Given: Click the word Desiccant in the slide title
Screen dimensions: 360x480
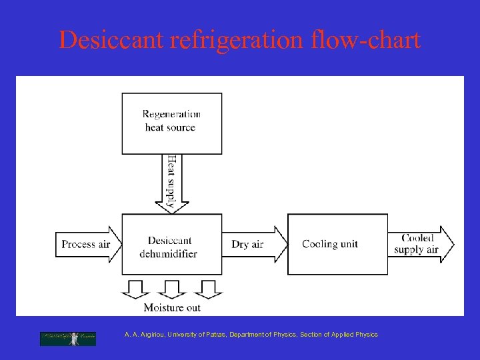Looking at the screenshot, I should [x=111, y=41].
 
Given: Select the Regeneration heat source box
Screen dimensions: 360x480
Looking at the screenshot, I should [x=171, y=123].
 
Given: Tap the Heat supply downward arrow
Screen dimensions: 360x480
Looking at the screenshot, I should [x=172, y=183].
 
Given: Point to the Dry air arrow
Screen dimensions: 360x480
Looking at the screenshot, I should [x=253, y=244].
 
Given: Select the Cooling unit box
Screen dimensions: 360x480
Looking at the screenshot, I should [x=337, y=244].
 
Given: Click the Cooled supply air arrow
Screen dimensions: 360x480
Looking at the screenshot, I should [x=420, y=244].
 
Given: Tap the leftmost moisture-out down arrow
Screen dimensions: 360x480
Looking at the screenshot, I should [x=135, y=287].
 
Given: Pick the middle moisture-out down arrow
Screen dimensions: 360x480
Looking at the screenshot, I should [x=172, y=287].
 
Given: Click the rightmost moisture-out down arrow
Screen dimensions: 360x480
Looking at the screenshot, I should [x=209, y=287].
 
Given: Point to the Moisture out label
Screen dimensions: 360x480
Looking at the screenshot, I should [x=172, y=307].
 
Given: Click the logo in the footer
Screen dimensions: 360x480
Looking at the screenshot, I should [x=68, y=338].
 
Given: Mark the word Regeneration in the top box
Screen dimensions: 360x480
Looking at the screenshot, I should [x=171, y=115].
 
